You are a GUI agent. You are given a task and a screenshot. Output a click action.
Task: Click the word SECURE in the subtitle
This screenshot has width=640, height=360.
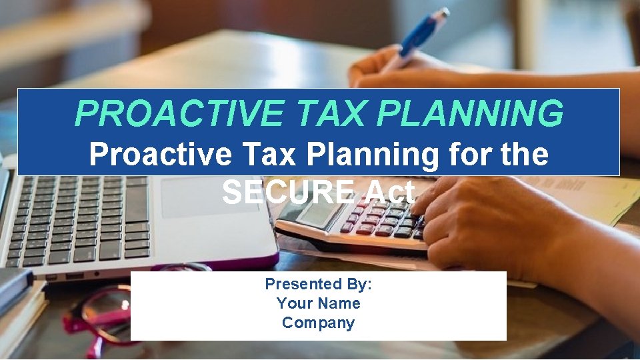288,193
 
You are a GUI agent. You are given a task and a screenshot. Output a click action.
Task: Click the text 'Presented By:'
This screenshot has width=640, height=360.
318,284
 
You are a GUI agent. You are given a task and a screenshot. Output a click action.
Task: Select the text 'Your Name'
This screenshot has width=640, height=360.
318,303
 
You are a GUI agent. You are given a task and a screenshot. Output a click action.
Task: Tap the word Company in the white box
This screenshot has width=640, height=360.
318,323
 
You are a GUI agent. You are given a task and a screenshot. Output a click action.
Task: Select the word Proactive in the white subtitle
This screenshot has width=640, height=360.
161,155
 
